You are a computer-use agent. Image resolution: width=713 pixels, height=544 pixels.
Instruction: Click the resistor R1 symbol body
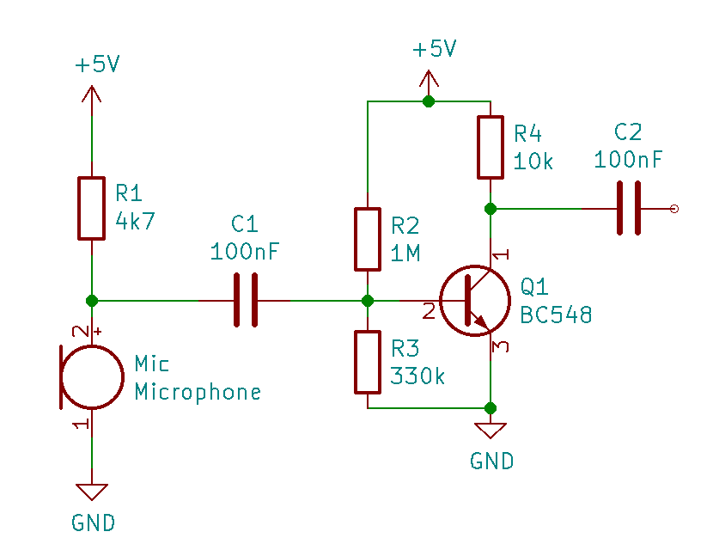[91, 209]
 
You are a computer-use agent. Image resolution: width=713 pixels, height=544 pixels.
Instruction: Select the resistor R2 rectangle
[368, 239]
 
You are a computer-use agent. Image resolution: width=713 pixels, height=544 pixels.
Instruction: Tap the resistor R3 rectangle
[368, 362]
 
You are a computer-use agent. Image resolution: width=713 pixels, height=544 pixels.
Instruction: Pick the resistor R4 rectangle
[490, 148]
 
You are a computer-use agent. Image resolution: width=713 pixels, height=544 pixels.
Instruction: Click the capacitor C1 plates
[245, 301]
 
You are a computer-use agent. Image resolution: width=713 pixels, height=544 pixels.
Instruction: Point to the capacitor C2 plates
[628, 208]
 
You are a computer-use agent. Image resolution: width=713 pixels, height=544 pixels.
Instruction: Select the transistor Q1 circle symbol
[471, 302]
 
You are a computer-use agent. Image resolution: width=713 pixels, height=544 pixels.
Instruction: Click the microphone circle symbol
[93, 377]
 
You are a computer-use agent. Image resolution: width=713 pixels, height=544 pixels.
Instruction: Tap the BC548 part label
[556, 315]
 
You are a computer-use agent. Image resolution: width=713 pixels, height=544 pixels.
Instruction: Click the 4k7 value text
[135, 221]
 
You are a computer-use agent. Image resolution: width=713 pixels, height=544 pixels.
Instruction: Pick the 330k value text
[417, 376]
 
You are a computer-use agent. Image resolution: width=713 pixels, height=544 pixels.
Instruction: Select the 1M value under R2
[405, 254]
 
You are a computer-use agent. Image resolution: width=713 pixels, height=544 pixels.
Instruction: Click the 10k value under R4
[533, 162]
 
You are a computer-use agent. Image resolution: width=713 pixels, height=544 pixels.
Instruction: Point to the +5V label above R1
[97, 65]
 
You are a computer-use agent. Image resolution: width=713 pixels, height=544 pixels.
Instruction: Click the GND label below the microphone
[93, 523]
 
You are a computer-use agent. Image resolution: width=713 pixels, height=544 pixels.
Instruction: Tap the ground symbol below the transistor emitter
[491, 429]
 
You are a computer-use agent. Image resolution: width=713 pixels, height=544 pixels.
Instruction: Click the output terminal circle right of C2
[673, 209]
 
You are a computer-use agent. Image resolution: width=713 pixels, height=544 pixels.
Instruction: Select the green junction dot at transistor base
[368, 301]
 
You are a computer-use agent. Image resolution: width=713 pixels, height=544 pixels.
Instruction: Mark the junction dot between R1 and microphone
[92, 301]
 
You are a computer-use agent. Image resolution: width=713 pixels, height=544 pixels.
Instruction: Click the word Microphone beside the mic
[198, 393]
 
